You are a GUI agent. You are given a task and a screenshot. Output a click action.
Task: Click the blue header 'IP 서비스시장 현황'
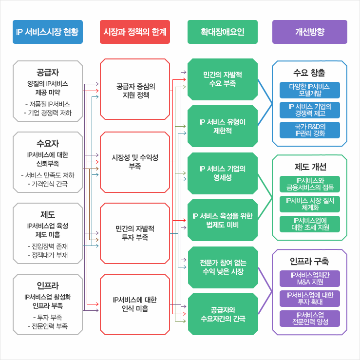click(47, 32)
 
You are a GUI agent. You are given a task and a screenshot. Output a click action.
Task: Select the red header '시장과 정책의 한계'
click(135, 32)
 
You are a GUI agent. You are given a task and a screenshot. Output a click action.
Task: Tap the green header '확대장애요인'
click(222, 32)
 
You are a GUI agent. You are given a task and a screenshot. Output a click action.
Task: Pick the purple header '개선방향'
click(309, 32)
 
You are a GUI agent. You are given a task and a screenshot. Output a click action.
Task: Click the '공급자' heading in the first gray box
click(48, 72)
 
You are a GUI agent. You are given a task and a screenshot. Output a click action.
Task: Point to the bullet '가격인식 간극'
click(48, 184)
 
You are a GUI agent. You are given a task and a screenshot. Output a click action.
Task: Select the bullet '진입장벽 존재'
click(48, 246)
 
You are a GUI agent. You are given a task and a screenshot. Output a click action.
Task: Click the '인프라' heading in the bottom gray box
click(48, 285)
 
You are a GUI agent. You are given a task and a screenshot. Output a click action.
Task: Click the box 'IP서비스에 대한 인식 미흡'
click(135, 304)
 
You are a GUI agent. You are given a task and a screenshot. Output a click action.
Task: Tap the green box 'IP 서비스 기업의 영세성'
click(222, 173)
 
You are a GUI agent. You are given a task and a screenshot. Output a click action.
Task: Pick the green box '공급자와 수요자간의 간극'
click(222, 314)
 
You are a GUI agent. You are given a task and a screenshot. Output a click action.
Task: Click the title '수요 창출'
click(309, 72)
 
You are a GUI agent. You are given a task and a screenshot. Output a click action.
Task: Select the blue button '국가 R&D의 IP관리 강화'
click(309, 130)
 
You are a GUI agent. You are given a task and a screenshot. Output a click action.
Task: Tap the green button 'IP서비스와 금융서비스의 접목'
click(309, 184)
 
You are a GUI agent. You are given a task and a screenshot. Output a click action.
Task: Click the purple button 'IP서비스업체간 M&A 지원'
click(309, 279)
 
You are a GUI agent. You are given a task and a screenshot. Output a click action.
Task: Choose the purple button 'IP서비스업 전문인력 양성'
click(309, 318)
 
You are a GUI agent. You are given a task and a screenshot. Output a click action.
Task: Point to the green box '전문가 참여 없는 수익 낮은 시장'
click(222, 267)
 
